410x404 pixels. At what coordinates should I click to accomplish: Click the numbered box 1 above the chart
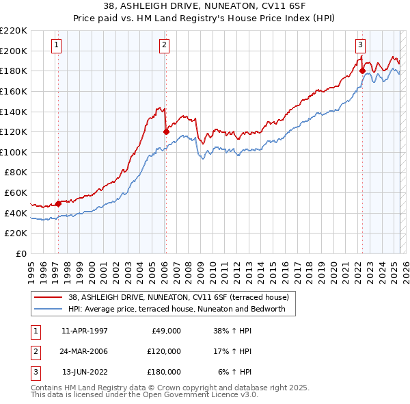(x=55, y=46)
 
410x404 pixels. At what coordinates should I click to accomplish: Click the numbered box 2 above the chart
(x=165, y=46)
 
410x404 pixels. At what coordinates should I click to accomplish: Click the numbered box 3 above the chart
(x=360, y=46)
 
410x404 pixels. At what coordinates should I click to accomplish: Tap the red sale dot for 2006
(x=166, y=131)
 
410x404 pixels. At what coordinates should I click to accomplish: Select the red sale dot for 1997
(x=58, y=203)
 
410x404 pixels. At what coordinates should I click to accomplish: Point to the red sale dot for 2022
(x=362, y=71)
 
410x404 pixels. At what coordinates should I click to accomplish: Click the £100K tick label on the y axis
(x=13, y=152)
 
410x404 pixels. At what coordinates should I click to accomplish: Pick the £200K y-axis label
(x=13, y=51)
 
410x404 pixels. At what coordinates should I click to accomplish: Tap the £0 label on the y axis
(x=21, y=253)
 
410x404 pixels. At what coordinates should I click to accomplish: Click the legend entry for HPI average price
(x=181, y=309)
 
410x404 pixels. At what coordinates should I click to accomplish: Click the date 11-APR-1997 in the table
(x=84, y=331)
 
